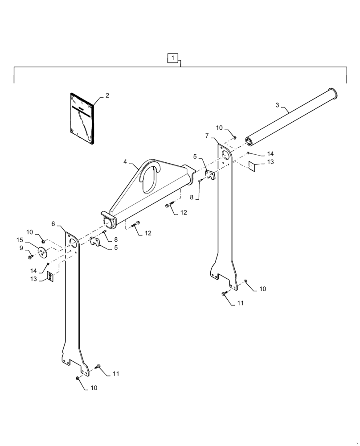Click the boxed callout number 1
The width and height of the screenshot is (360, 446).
click(x=173, y=58)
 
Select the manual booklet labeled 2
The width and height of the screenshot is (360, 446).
click(x=83, y=119)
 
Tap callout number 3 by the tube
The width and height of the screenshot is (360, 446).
click(x=277, y=105)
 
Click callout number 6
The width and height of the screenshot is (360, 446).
click(x=53, y=224)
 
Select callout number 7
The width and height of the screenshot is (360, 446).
click(x=207, y=135)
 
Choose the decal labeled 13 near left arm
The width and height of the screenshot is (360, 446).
click(x=50, y=277)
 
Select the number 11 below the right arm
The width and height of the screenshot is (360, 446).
click(x=240, y=303)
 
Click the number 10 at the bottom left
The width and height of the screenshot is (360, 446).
click(x=94, y=388)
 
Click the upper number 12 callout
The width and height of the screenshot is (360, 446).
click(x=184, y=213)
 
